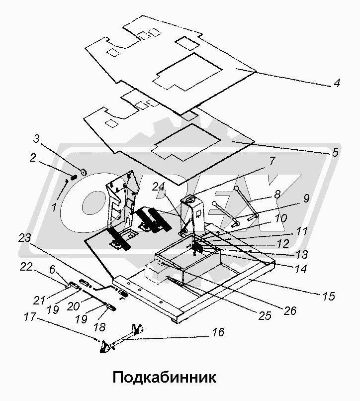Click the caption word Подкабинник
click(x=164, y=377)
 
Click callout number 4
click(x=337, y=84)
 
